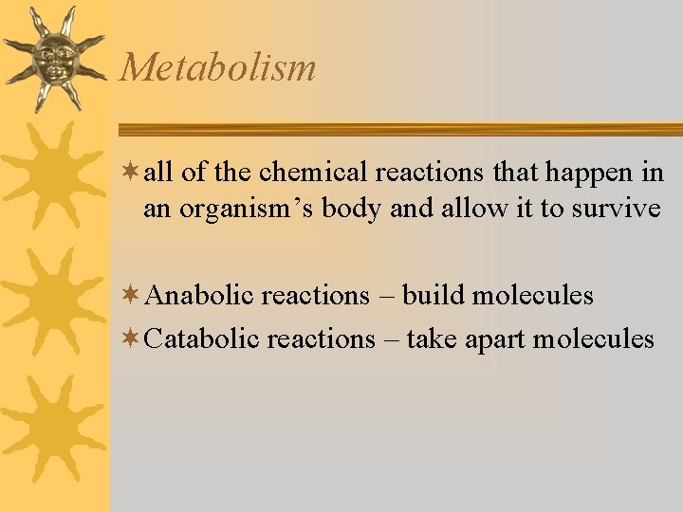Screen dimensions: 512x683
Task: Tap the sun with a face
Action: (x=53, y=58)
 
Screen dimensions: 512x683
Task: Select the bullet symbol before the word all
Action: (x=132, y=174)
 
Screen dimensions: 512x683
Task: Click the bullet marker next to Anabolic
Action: (x=132, y=296)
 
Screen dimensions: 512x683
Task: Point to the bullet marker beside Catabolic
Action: (x=132, y=338)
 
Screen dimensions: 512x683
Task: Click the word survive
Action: (x=617, y=209)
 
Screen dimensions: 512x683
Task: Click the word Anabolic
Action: (x=201, y=296)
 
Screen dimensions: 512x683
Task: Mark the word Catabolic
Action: (x=204, y=338)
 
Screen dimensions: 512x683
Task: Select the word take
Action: (x=433, y=338)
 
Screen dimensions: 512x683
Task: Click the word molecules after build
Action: (x=532, y=296)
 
